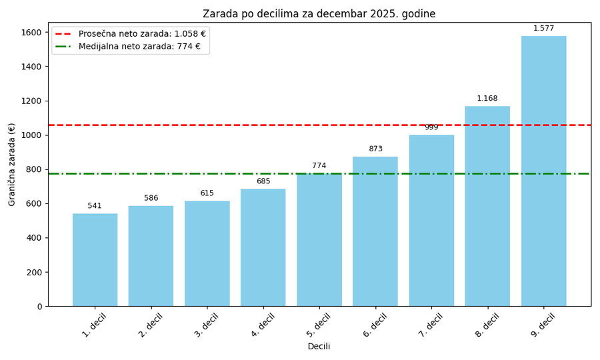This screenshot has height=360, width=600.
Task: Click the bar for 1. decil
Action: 95,260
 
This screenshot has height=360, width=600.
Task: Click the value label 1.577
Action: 543,29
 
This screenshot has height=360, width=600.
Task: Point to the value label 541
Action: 95,206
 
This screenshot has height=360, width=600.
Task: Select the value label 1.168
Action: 487,99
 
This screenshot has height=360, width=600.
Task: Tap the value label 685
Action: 263,181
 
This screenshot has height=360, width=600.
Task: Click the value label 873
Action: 375,149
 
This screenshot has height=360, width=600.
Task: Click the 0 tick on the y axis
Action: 39,307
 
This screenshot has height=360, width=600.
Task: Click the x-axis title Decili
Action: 319,347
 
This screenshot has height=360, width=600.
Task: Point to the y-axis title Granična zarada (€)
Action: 12,164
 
